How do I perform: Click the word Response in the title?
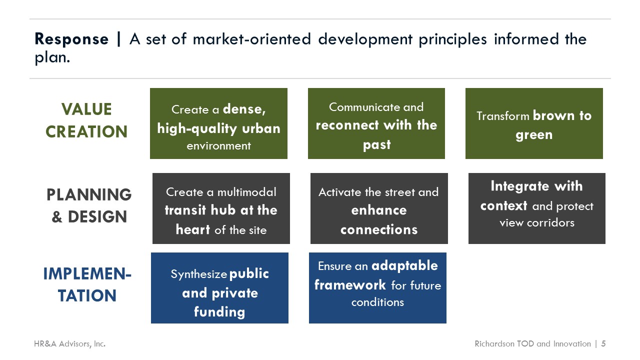pyautogui.click(x=71, y=39)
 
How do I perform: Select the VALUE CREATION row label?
pyautogui.click(x=86, y=120)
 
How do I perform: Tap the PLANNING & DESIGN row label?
pyautogui.click(x=89, y=205)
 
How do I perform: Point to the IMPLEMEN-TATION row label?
pyautogui.click(x=87, y=284)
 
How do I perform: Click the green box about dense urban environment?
pyautogui.click(x=218, y=123)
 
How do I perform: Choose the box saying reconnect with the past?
pyautogui.click(x=376, y=123)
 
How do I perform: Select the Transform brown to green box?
pyautogui.click(x=534, y=123)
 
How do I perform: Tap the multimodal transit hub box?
pyautogui.click(x=221, y=208)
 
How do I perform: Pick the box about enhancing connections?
pyautogui.click(x=379, y=208)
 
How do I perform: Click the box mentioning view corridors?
pyautogui.click(x=537, y=208)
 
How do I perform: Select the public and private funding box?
pyautogui.click(x=219, y=288)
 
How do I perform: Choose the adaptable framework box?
pyautogui.click(x=377, y=288)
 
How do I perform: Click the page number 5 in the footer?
pyautogui.click(x=603, y=343)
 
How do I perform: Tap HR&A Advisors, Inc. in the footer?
pyautogui.click(x=69, y=343)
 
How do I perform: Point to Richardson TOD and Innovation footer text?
pyautogui.click(x=532, y=343)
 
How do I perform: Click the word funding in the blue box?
pyautogui.click(x=219, y=311)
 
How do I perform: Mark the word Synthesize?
pyautogui.click(x=199, y=274)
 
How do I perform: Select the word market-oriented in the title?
pyautogui.click(x=251, y=39)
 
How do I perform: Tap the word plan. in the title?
pyautogui.click(x=52, y=57)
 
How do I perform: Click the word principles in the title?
pyautogui.click(x=452, y=39)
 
